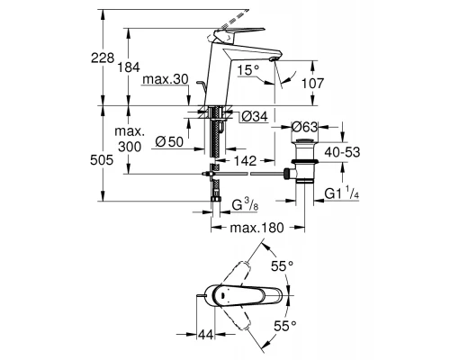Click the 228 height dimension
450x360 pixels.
click(103, 58)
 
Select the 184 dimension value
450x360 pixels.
click(129, 67)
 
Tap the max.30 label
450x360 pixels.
click(166, 79)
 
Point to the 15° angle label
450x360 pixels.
click(247, 70)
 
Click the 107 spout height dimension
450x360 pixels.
click(312, 83)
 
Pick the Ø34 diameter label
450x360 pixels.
click(255, 116)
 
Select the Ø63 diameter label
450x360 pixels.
click(304, 127)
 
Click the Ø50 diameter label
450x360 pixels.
click(169, 141)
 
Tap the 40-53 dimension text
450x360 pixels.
click(342, 152)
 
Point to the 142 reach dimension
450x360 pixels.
click(245, 161)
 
